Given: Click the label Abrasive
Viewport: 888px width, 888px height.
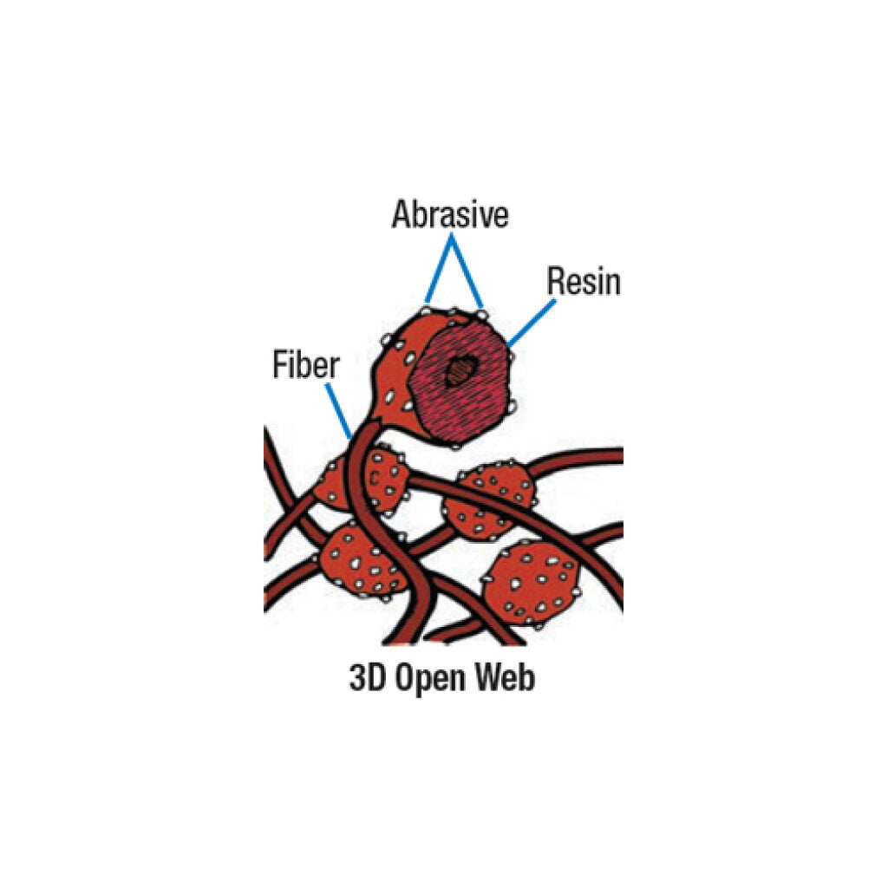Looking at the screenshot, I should pos(449,214).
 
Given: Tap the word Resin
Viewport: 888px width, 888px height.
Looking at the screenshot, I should pos(584,282).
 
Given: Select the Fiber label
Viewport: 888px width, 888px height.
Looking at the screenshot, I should pos(304,365).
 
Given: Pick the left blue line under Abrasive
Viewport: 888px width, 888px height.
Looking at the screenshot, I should pos(438,271).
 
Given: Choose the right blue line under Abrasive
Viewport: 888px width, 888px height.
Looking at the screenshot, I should pos(467,271).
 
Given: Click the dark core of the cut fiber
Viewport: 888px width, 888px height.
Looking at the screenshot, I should pos(457,374).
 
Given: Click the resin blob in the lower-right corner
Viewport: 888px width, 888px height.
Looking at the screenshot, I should pos(531,582).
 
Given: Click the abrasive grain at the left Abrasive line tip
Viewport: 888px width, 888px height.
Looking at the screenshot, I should pos(426,308).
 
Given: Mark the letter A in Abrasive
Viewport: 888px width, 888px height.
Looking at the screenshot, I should pos(402,215).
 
